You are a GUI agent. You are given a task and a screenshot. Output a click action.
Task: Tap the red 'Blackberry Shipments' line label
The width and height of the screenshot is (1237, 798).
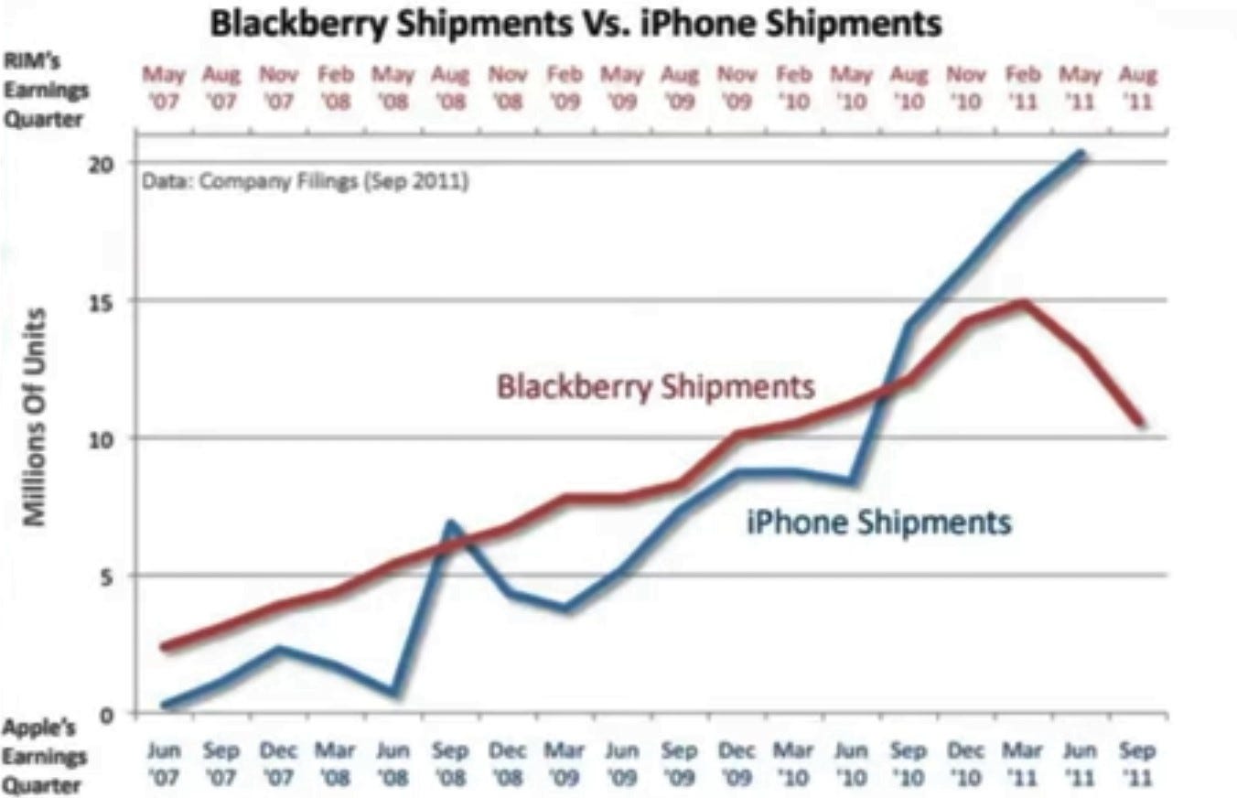click(655, 386)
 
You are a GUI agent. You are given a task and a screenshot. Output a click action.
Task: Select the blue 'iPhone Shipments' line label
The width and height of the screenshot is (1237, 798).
click(878, 523)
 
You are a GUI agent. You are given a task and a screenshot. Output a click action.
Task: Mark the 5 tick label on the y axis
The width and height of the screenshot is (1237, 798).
click(107, 576)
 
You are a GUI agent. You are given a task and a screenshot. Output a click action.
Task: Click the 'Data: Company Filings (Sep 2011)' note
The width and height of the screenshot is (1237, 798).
click(306, 181)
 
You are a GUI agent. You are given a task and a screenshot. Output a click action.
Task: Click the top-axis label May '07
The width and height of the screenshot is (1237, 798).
click(165, 87)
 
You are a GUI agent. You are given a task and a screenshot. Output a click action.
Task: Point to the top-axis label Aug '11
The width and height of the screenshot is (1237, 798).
click(1137, 87)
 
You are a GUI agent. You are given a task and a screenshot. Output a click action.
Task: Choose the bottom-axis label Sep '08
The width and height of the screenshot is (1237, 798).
click(450, 763)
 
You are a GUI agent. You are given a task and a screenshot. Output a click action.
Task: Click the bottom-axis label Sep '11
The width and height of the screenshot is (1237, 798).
click(1137, 763)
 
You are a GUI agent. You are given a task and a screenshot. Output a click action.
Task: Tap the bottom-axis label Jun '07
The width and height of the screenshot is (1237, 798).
click(165, 763)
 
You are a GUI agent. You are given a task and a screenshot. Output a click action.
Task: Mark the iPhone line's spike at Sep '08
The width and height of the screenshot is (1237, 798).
click(450, 524)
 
